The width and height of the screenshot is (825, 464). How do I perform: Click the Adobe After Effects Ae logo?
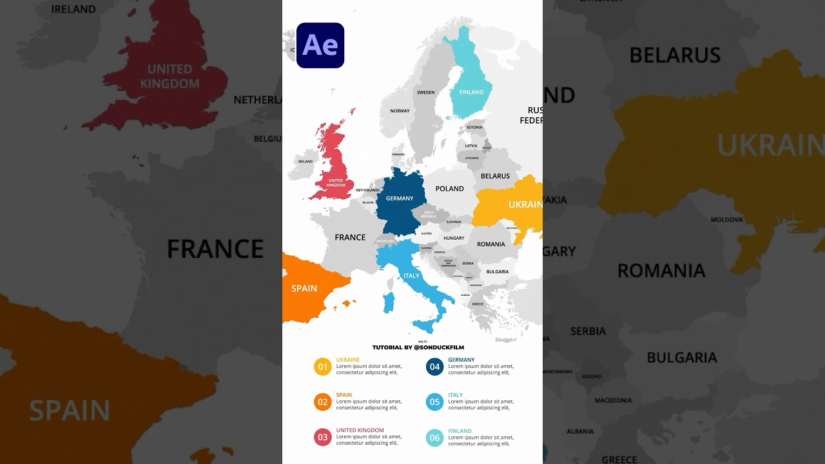[320, 45]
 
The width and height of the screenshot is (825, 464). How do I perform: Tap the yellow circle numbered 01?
[323, 367]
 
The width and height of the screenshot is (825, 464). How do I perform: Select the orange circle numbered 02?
[323, 402]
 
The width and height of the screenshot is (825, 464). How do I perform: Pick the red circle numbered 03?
[323, 438]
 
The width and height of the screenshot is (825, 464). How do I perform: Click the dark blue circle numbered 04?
[435, 367]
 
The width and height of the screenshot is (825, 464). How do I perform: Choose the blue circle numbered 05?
[435, 402]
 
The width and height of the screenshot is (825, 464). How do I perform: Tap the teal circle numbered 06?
[435, 438]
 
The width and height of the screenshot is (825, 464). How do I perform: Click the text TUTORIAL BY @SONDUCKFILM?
[418, 347]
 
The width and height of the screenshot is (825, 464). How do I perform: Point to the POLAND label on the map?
[449, 189]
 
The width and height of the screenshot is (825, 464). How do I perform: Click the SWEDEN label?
[425, 93]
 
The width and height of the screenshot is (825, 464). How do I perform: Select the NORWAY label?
[400, 111]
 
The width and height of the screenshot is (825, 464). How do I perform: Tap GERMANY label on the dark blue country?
[400, 198]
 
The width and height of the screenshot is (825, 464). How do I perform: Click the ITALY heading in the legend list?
[455, 395]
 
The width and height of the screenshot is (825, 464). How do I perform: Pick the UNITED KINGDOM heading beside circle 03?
[360, 430]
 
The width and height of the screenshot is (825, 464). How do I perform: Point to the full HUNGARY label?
[454, 238]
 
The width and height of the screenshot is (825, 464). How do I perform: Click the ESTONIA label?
[474, 128]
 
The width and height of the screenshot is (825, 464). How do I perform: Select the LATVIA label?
[471, 146]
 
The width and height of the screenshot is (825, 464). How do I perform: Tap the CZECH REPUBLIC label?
[429, 214]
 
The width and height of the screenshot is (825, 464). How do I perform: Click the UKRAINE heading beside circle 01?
[347, 360]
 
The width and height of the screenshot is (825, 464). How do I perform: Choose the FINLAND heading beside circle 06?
[460, 431]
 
